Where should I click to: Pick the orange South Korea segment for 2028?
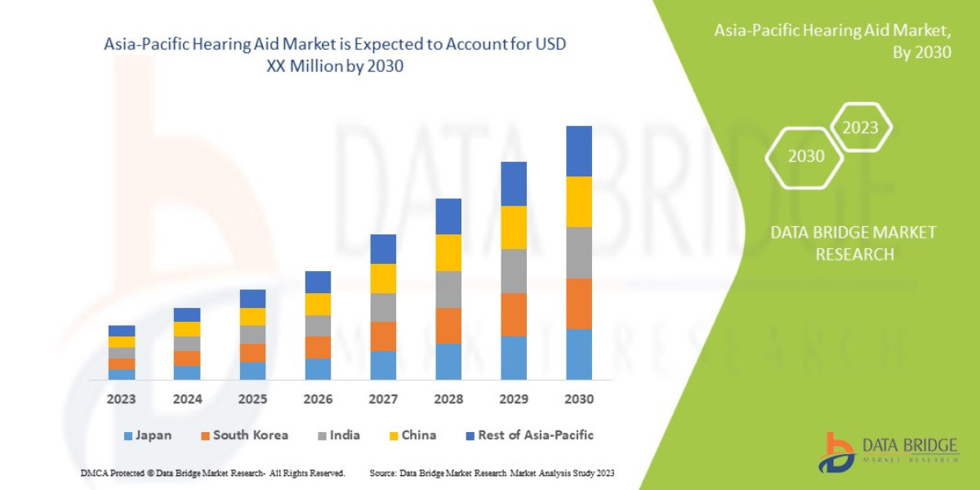coord(448,326)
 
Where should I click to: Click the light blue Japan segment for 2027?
coord(382,365)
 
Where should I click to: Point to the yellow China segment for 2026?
coord(318,304)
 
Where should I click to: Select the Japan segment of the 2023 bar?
coord(122,374)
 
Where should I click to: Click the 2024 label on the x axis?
coord(186,400)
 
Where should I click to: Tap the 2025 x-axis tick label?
coord(252,400)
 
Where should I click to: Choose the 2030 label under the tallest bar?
coord(578,400)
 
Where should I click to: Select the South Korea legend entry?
coord(243,435)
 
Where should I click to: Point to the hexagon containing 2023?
coord(860,127)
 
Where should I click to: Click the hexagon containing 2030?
coord(805,156)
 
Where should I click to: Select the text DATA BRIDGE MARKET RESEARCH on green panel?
coord(853,243)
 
